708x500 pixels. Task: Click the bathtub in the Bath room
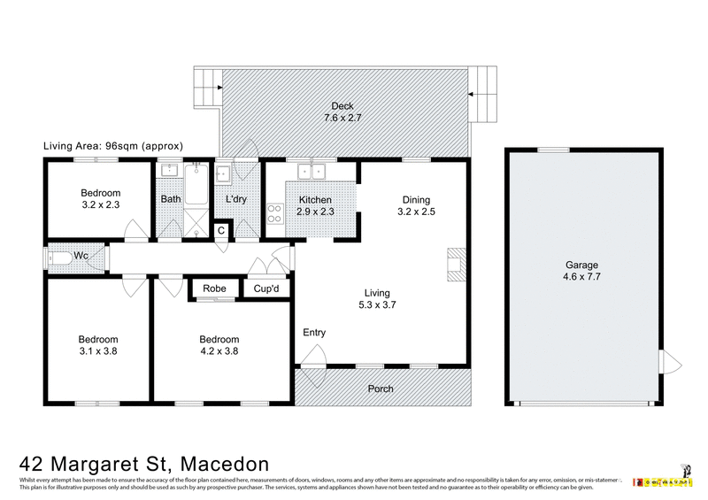tap(196, 183)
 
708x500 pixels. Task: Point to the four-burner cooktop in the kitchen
tap(274, 213)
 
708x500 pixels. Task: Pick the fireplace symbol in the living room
tap(455, 265)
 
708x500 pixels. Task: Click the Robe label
tap(214, 288)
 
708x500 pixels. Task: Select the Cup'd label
tap(266, 288)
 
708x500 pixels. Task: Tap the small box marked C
tap(221, 230)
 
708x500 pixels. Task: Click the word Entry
tap(314, 333)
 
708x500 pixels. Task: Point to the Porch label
tap(380, 388)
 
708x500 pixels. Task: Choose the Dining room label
tap(416, 199)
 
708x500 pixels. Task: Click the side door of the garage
tap(670, 362)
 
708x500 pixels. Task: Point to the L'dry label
tap(235, 199)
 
